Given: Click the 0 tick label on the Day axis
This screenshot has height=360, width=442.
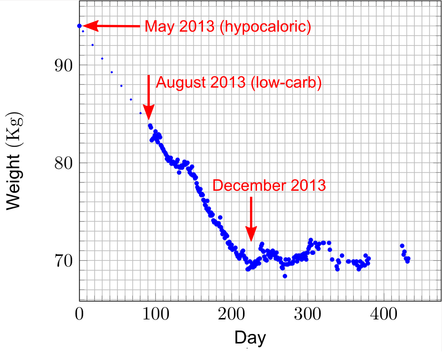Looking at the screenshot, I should point(79,315).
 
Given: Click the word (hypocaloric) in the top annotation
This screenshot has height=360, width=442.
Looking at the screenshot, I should point(266,27).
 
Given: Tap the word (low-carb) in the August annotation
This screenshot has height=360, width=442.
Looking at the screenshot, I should point(285,83).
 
